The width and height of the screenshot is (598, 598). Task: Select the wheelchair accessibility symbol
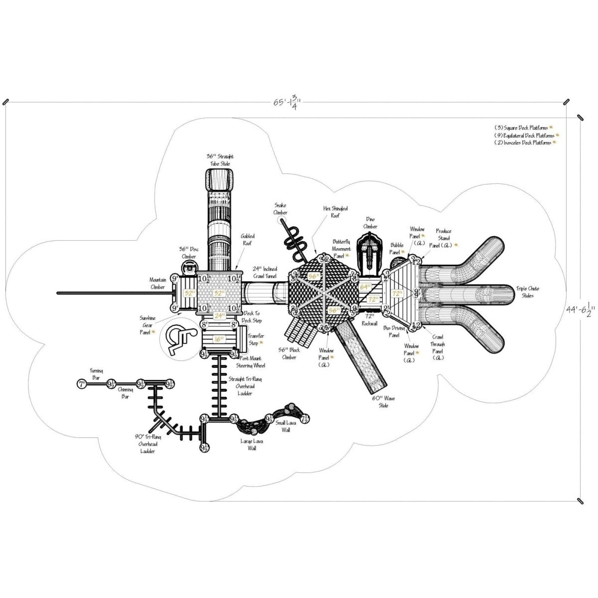tap(175, 340)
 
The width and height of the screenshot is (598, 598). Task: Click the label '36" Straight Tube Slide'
tap(220, 160)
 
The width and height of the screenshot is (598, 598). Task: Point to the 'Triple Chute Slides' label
tap(527, 292)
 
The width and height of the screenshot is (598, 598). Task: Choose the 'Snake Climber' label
tap(281, 209)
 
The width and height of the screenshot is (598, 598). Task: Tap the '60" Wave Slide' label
tap(380, 402)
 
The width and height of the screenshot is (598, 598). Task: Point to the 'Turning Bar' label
tap(96, 374)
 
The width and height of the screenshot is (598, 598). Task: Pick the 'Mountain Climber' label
tap(157, 284)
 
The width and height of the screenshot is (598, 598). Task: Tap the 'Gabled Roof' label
tap(248, 240)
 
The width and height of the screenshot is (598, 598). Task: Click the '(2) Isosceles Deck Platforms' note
tap(523, 143)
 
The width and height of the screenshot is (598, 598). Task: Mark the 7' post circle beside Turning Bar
tap(81, 384)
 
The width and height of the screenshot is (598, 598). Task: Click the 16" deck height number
tap(218, 339)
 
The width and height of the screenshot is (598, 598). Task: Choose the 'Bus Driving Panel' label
tap(394, 331)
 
